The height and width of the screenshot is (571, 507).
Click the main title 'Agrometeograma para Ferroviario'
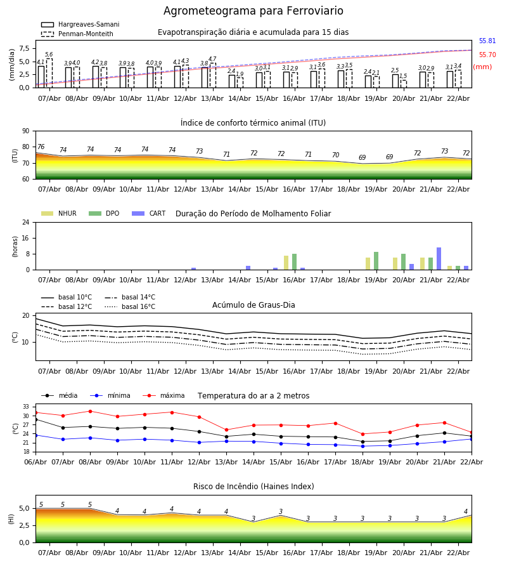tap(253, 11)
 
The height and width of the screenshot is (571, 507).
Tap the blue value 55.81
tap(487, 41)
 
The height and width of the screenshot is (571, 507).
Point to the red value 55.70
tap(487, 55)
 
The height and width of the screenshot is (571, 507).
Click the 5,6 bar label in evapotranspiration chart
tap(49, 55)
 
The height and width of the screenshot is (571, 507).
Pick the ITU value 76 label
tap(41, 147)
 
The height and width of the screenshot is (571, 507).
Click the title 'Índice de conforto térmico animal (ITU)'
tap(253, 123)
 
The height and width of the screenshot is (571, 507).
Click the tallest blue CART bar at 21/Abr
tap(439, 259)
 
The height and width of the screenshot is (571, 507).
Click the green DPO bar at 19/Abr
tap(376, 261)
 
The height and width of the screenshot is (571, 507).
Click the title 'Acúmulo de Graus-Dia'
tap(253, 305)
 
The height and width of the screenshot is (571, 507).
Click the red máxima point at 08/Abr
tap(90, 411)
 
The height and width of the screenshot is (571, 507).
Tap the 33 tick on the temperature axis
tap(27, 407)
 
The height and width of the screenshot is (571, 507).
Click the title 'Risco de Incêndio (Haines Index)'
tap(253, 487)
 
